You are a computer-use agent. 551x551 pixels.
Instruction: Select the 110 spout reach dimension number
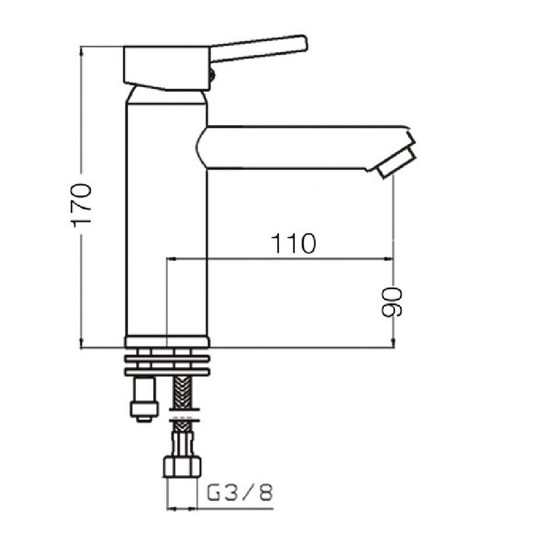click(293, 243)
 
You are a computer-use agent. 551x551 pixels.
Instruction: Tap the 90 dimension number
click(392, 302)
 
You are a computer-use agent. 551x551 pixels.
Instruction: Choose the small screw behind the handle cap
click(212, 74)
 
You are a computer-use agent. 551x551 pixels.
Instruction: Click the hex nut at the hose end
click(182, 467)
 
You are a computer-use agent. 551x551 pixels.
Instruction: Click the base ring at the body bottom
click(167, 342)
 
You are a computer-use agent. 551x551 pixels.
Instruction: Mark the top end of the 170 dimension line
click(82, 48)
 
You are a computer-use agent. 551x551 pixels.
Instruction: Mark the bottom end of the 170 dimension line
click(82, 348)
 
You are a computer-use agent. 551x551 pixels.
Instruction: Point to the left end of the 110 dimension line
click(168, 259)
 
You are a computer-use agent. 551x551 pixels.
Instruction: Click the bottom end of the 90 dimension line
click(394, 347)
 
